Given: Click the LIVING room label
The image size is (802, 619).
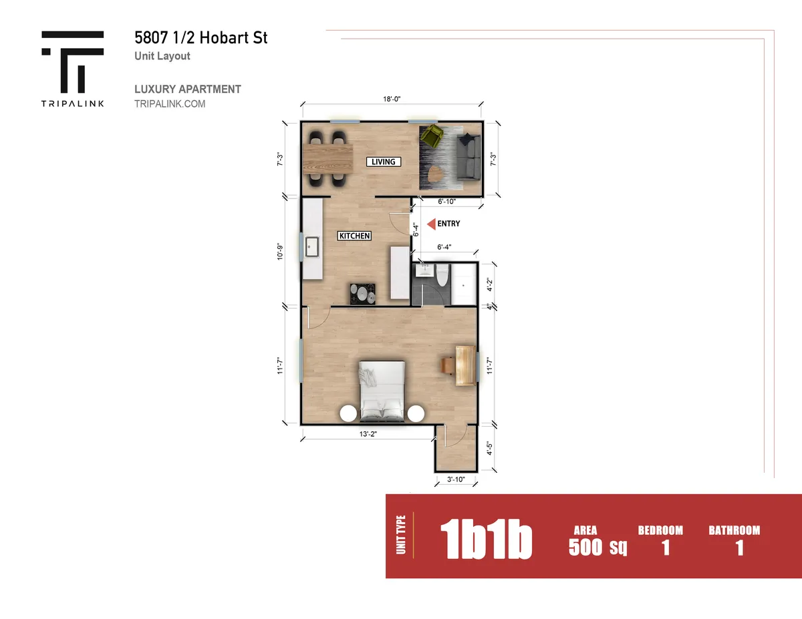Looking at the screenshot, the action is (x=384, y=162).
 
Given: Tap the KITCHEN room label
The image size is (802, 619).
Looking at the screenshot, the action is (x=354, y=236).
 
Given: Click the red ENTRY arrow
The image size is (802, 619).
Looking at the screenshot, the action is (x=431, y=224).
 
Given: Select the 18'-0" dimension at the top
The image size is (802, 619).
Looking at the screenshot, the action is (x=392, y=99).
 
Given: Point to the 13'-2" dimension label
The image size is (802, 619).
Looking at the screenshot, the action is (x=368, y=434).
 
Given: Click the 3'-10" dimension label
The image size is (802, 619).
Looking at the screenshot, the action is (x=456, y=479).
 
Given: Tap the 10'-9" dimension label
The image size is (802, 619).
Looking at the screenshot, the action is (x=280, y=252).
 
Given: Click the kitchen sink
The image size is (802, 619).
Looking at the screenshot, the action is (x=312, y=246).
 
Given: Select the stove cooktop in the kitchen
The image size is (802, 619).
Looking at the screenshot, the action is (x=363, y=294).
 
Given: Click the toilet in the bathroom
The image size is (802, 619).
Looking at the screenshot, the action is (x=442, y=275).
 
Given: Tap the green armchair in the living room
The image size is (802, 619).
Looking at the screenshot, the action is (x=432, y=135).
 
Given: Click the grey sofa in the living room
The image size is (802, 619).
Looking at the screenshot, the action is (x=469, y=157).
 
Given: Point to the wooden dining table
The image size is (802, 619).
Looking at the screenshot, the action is (x=327, y=159).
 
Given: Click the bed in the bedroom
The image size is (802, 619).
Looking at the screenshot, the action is (x=382, y=391).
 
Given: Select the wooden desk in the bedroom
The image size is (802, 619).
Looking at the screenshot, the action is (x=465, y=366).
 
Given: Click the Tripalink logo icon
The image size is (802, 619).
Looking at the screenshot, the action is (x=73, y=62).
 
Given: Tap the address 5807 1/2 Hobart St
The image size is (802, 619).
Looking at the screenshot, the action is (x=200, y=37).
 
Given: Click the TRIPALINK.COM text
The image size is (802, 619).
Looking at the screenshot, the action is (x=170, y=104).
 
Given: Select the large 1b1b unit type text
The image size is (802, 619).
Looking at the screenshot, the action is (x=486, y=539).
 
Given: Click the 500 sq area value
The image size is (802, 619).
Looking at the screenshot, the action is (x=597, y=547).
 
